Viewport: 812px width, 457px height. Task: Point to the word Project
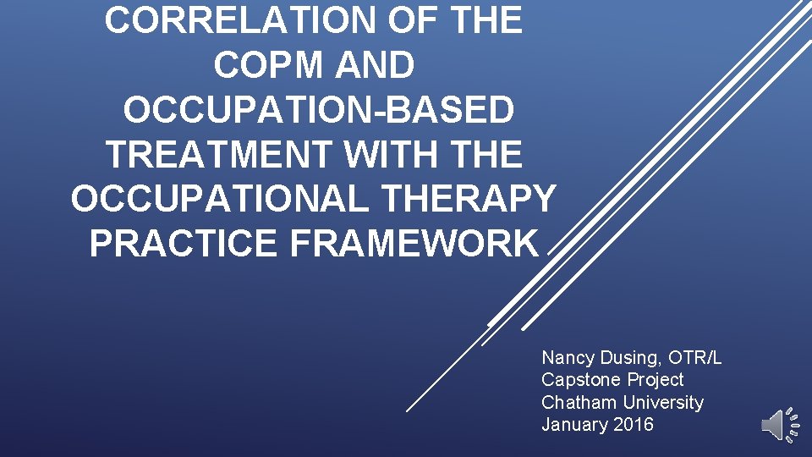652,380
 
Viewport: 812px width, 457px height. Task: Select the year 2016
631,424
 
